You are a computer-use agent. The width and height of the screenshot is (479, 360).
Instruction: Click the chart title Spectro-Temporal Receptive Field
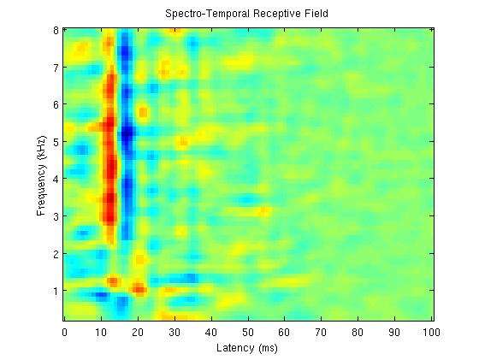click(246, 14)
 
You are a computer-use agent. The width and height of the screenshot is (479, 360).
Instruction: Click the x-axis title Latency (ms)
click(247, 348)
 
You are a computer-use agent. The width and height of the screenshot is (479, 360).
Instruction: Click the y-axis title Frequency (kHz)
click(42, 175)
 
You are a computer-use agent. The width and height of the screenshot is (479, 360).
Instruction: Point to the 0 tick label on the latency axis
click(64, 332)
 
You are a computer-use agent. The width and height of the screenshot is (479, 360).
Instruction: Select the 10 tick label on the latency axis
click(101, 332)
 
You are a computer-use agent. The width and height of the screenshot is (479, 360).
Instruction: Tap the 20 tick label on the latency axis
click(138, 332)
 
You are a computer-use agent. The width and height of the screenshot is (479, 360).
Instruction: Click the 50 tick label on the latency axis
click(248, 332)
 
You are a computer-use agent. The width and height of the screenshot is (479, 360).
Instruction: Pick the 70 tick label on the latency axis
click(321, 332)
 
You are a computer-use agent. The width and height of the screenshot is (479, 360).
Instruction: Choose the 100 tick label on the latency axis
click(431, 332)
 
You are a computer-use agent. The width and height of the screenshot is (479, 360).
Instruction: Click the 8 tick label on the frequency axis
click(56, 31)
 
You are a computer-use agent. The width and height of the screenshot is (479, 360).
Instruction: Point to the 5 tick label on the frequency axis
click(56, 142)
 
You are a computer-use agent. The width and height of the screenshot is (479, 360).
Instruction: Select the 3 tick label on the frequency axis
click(56, 216)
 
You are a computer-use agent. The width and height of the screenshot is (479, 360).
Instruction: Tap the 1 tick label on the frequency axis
click(56, 291)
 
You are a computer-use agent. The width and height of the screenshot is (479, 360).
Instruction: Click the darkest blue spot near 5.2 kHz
click(127, 133)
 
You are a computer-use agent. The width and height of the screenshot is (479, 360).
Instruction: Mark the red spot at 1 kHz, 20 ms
click(139, 289)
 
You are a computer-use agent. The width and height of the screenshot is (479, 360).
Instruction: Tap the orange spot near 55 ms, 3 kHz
click(264, 210)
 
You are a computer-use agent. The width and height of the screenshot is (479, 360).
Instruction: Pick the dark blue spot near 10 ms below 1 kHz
click(101, 295)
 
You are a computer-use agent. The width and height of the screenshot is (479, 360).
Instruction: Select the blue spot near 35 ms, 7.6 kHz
click(193, 44)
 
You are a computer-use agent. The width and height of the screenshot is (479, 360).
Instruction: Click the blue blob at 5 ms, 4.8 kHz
click(82, 150)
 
